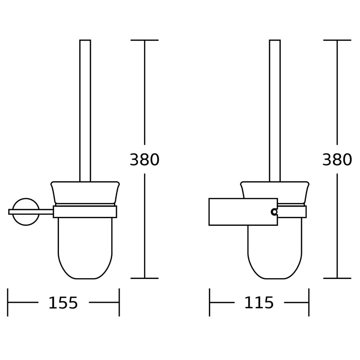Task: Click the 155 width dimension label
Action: pos(63,303)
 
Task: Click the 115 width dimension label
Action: pos(259,303)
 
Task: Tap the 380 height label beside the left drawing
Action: pos(144,160)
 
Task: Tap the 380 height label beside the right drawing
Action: pos(337,160)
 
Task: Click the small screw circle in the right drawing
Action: pos(274,212)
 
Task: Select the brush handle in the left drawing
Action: pos(85,111)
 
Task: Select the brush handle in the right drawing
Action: pos(275,111)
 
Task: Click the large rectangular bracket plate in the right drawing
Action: pos(243,212)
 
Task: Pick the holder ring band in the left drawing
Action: pos(85,211)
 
